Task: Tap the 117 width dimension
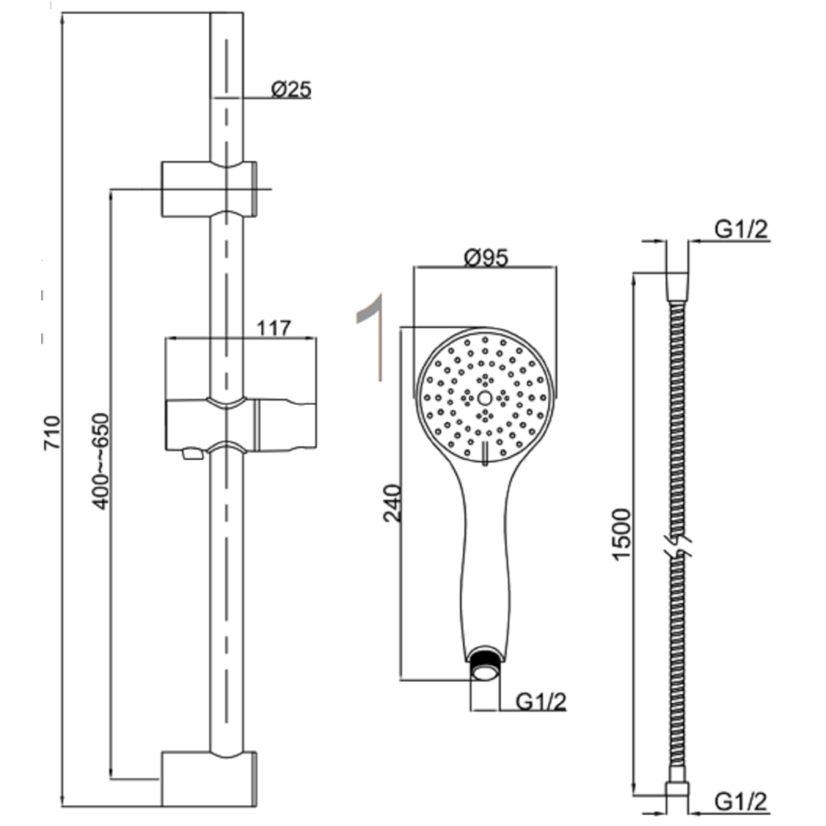273,327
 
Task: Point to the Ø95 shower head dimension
486,258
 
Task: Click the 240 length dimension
393,502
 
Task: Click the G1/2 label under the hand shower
541,702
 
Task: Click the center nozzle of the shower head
485,398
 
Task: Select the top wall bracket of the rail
209,189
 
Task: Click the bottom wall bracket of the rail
209,777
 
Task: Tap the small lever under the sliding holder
191,453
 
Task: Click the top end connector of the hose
676,285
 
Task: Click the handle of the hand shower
485,560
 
